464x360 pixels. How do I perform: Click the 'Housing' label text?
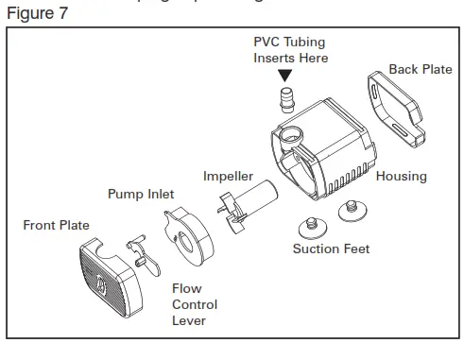[x=401, y=177]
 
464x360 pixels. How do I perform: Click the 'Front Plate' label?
[x=56, y=226]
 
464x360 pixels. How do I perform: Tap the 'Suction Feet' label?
[x=331, y=249]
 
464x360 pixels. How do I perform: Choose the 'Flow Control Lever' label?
[x=194, y=305]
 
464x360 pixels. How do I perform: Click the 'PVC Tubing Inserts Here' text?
[x=290, y=50]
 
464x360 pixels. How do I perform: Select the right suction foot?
[x=355, y=208]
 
